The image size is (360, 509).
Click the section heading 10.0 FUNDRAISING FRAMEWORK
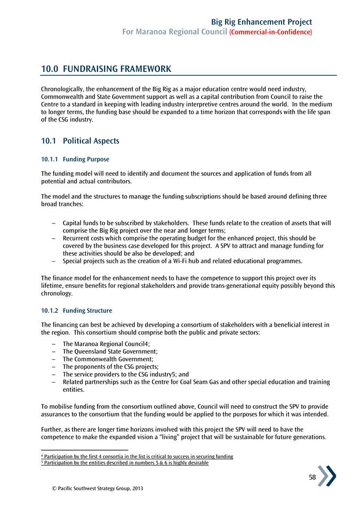pyautogui.click(x=106, y=69)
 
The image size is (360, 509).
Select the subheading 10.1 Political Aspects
pyautogui.click(x=80, y=141)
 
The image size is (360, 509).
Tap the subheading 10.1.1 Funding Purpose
pyautogui.click(x=75, y=159)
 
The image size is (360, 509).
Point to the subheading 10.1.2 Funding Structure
pyautogui.click(x=76, y=311)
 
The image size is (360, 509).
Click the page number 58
pyautogui.click(x=313, y=478)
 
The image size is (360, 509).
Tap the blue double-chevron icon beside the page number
pyautogui.click(x=327, y=476)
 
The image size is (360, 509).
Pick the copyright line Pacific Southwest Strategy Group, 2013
pyautogui.click(x=94, y=488)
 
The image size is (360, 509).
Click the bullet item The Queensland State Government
pyautogui.click(x=110, y=352)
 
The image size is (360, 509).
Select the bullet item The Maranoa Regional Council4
pyautogui.click(x=106, y=344)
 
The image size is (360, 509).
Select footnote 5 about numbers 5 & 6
pyautogui.click(x=124, y=463)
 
